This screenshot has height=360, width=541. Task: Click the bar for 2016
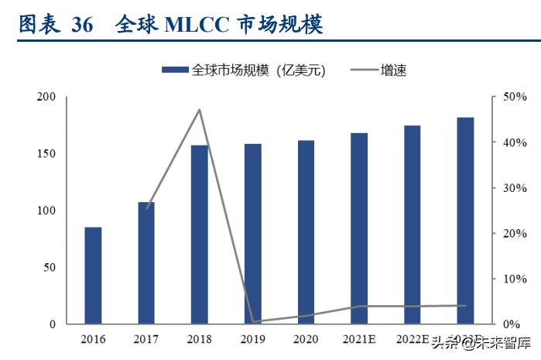93,276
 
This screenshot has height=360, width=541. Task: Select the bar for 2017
146,263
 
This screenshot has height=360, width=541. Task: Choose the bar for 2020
306,232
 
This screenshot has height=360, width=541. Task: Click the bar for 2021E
359,228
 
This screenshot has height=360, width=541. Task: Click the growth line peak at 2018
200,110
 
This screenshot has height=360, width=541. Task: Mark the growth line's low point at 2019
253,321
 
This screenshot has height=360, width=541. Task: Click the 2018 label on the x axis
200,339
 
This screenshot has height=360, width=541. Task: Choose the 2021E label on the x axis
359,339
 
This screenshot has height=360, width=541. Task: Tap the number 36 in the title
81,25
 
